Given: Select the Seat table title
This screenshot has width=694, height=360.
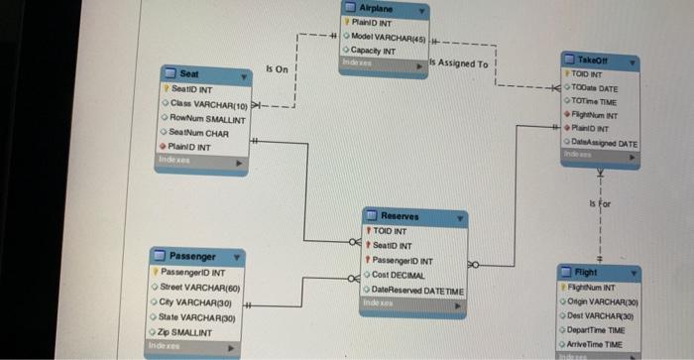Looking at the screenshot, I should tap(188, 74).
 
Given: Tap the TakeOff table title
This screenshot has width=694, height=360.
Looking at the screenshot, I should tap(607, 60).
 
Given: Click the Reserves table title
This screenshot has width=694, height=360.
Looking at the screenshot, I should tap(400, 217).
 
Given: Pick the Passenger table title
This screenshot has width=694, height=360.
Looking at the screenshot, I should tap(191, 257).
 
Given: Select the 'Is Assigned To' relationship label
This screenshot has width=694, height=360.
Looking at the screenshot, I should tap(459, 64).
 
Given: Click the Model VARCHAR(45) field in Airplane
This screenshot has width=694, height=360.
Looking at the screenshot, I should tap(389, 37).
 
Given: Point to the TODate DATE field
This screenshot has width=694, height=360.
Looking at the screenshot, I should tap(596, 87).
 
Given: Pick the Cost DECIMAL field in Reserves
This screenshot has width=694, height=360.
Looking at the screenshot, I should tap(399, 275).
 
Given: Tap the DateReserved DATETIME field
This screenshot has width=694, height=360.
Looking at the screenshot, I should tap(415, 289).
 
